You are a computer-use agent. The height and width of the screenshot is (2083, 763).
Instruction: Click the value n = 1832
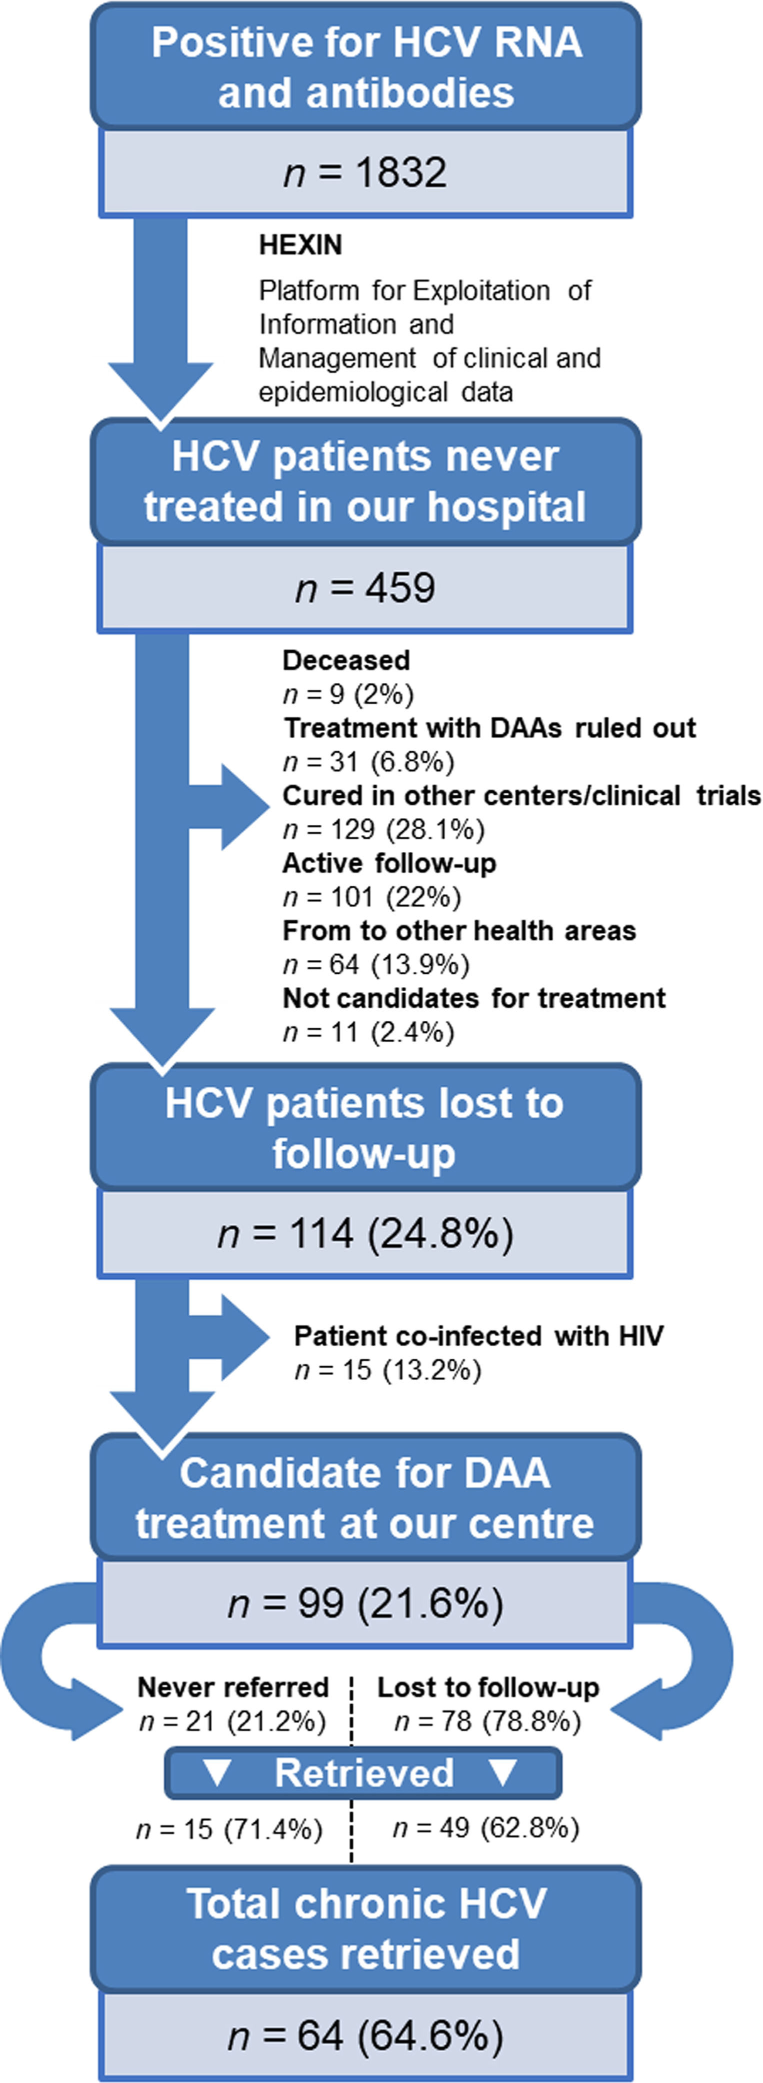(365, 173)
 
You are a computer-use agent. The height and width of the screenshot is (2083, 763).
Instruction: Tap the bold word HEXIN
(300, 245)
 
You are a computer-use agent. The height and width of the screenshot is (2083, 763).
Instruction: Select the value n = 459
(365, 588)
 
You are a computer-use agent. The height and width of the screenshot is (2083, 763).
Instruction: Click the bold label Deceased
(346, 661)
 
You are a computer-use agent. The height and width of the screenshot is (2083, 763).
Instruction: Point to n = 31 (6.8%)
(368, 762)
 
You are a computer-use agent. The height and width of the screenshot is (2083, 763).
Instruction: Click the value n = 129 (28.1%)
(383, 830)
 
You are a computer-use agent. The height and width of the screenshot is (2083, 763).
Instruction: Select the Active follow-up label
(389, 864)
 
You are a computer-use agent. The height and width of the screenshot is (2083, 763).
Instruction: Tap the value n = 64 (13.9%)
(376, 965)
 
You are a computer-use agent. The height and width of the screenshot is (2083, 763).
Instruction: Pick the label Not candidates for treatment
(474, 999)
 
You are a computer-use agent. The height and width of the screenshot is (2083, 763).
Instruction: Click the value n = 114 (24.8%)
(365, 1234)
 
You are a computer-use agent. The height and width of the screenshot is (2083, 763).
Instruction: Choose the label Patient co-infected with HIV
(478, 1336)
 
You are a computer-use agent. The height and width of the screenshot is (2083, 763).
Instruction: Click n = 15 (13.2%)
(387, 1370)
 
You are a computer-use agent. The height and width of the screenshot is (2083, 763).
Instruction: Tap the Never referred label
(233, 1688)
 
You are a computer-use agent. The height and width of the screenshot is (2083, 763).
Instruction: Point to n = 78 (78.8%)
(487, 1722)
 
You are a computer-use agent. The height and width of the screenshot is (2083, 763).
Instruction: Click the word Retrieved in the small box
(364, 1773)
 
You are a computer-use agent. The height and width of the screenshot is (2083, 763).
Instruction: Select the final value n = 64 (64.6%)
(365, 2036)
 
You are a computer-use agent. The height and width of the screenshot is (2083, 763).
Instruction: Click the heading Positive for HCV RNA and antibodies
(365, 66)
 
